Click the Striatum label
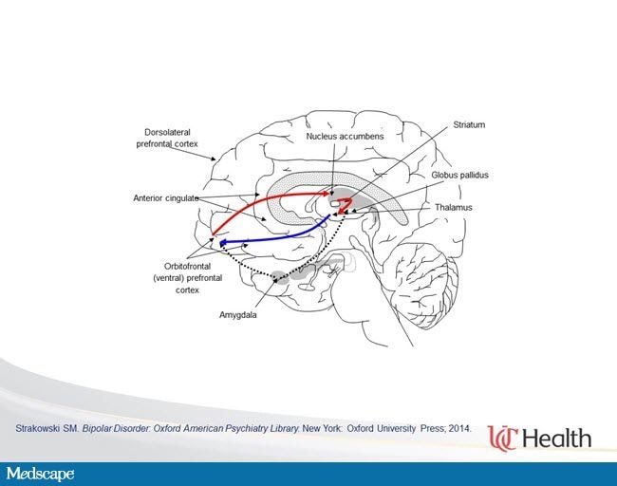[469, 124]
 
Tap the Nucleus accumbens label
[345, 136]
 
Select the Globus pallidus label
[459, 175]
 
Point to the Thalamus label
[454, 207]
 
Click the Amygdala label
[237, 315]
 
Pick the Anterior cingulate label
[166, 198]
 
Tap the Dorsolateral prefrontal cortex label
[167, 139]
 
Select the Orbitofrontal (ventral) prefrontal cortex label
[187, 278]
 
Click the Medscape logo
[40, 474]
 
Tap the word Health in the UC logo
[558, 439]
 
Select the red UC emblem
[502, 438]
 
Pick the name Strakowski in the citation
[37, 428]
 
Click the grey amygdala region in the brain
[280, 276]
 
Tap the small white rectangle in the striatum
[335, 204]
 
